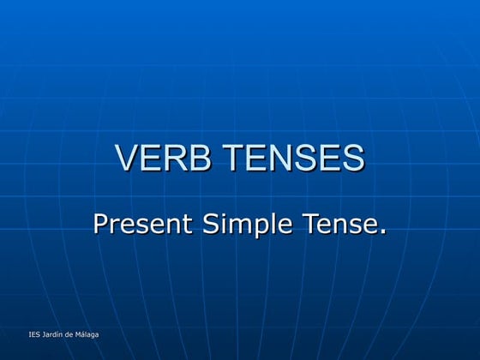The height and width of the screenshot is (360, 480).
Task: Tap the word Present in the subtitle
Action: pyautogui.click(x=143, y=225)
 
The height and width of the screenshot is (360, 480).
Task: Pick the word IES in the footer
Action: pyautogui.click(x=33, y=333)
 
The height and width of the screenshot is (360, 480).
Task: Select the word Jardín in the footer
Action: pyautogui.click(x=53, y=333)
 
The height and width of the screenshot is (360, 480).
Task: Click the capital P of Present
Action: pyautogui.click(x=100, y=225)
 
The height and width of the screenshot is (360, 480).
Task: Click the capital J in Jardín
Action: pyautogui.click(x=43, y=333)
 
